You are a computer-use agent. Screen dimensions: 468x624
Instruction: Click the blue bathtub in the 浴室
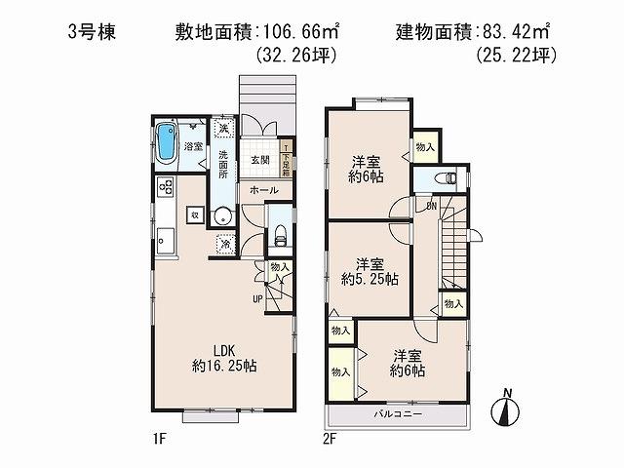pyautogui.click(x=167, y=147)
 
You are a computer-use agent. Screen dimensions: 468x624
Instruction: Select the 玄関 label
pyautogui.click(x=258, y=159)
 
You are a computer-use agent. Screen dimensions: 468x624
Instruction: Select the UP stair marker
pyautogui.click(x=257, y=297)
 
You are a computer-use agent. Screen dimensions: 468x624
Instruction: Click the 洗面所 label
pyautogui.click(x=223, y=166)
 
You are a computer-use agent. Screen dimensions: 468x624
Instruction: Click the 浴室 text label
pyautogui.click(x=193, y=146)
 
